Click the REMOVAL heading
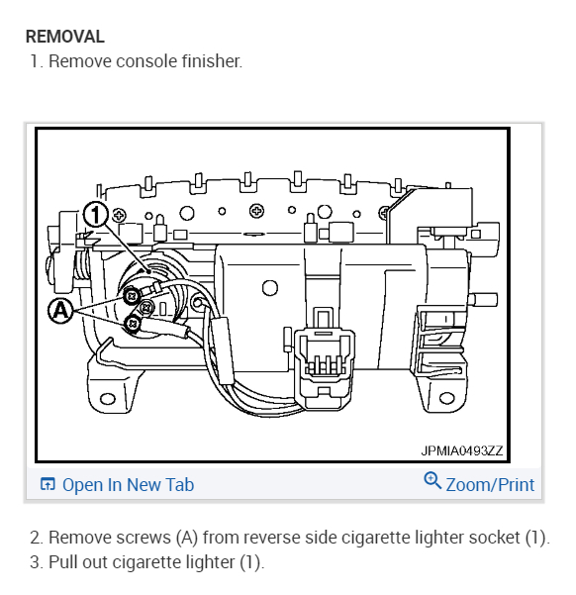coord(64,37)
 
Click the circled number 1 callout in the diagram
coord(96,214)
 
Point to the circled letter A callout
coord(60,310)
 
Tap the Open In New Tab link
coord(128,484)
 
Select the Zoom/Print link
coord(490,484)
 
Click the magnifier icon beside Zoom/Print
coord(432,481)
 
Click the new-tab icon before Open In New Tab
coord(48,484)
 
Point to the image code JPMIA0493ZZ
coord(461,450)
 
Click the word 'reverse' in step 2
coord(265,538)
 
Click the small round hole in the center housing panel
coord(267,288)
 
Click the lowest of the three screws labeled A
coord(132,324)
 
